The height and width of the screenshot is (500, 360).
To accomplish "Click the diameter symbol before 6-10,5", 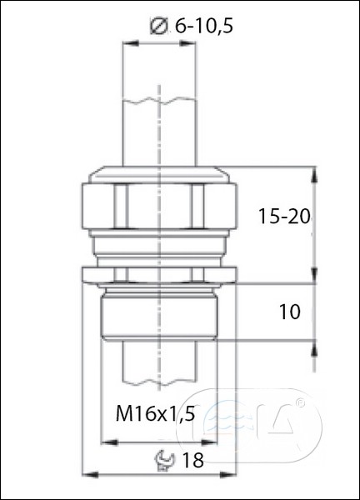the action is click(x=158, y=26).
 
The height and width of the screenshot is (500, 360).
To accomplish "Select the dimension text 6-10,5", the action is click(x=204, y=26).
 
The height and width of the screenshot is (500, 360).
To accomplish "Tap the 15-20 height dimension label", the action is click(x=284, y=216).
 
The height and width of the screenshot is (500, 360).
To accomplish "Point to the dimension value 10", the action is click(x=289, y=312).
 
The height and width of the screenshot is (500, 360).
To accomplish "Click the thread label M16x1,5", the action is click(x=155, y=414).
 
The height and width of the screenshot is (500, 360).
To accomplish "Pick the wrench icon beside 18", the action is click(x=164, y=460).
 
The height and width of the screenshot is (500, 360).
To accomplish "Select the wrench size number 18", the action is click(x=192, y=460).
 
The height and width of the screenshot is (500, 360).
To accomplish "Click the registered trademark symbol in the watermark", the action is click(x=300, y=402).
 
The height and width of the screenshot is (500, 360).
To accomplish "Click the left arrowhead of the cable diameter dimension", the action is click(x=131, y=43).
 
